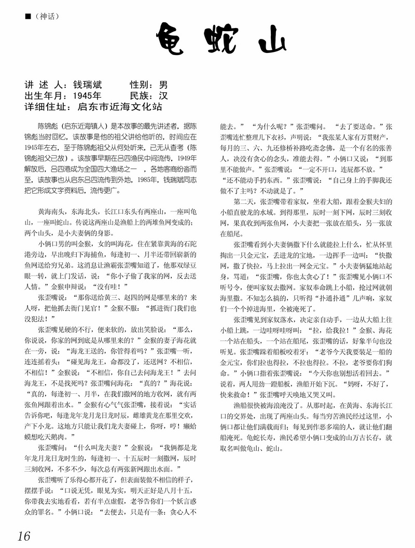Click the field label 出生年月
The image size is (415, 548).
tap(46, 96)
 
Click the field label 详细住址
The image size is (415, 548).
tap(46, 107)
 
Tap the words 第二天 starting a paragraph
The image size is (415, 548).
tap(244, 201)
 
